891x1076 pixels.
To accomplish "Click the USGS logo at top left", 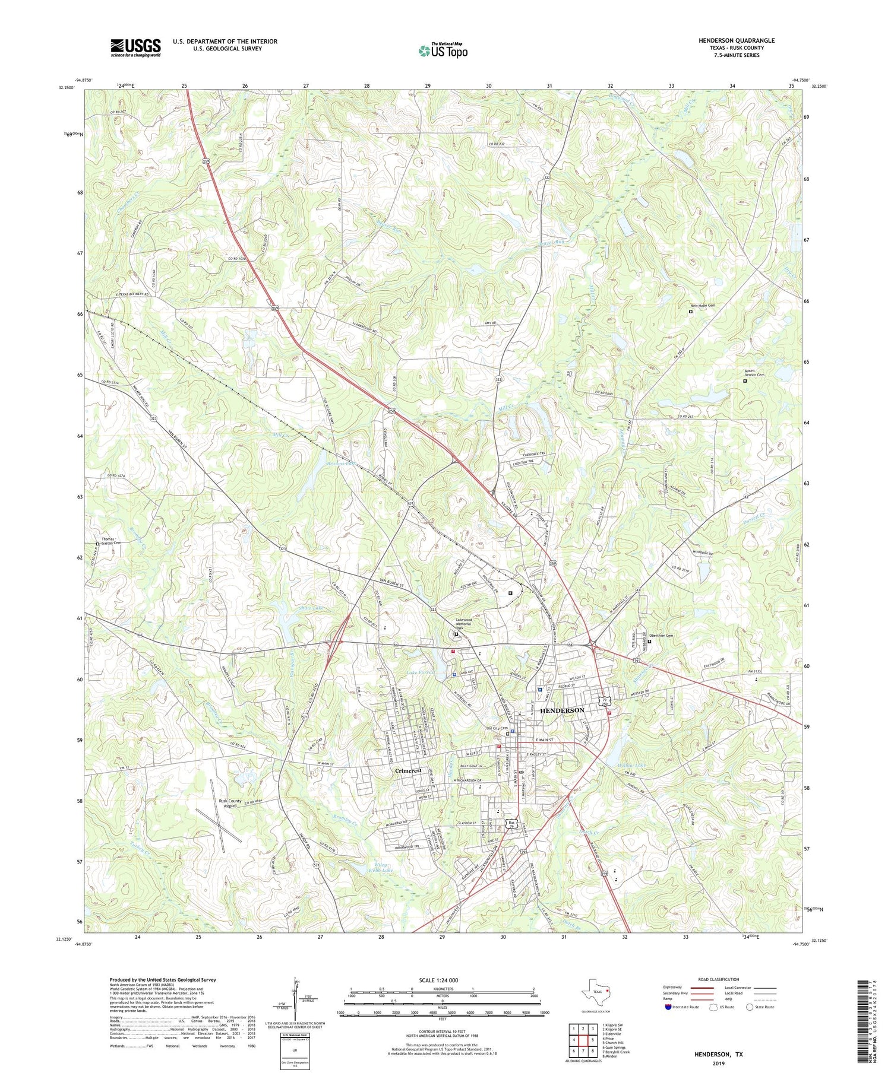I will coord(135,47).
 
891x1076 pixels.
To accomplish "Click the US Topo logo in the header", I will coord(443,50).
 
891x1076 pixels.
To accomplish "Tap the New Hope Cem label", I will coord(703,306).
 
